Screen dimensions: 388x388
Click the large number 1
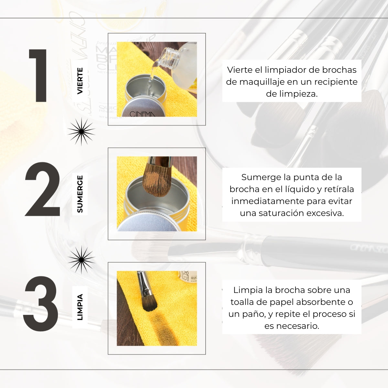[39, 76]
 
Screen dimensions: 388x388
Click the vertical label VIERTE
[80, 81]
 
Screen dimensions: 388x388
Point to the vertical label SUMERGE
[80, 194]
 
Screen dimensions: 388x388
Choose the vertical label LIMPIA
[80, 307]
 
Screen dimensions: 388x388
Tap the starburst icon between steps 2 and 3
[81, 260]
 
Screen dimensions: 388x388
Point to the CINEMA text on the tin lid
[142, 114]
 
